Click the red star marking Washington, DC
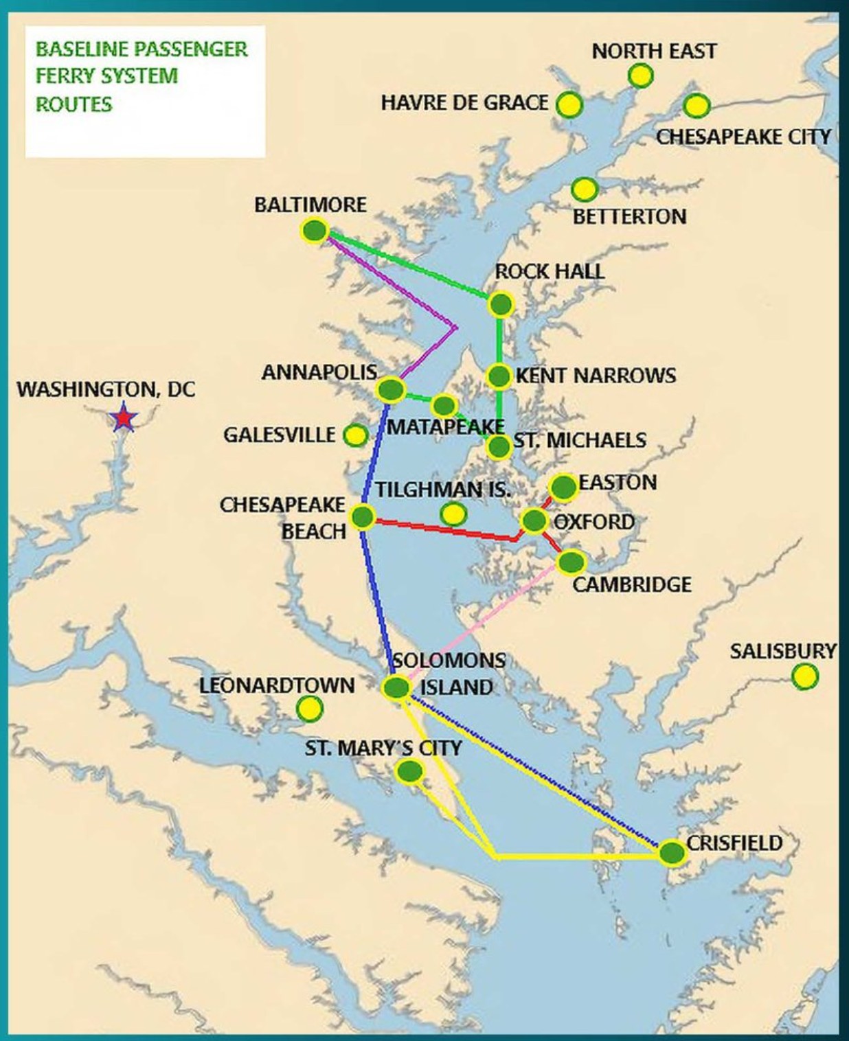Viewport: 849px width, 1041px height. (124, 417)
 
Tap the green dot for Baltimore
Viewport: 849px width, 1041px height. (315, 231)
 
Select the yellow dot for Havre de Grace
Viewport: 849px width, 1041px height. (569, 105)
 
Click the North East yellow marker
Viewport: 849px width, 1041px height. (640, 76)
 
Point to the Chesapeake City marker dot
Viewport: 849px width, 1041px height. (696, 106)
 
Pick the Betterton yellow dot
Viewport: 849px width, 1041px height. (584, 189)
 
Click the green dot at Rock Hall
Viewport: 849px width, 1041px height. (501, 304)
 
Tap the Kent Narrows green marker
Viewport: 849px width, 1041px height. (499, 376)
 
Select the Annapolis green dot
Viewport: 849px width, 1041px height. (391, 390)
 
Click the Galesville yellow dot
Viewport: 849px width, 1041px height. (355, 435)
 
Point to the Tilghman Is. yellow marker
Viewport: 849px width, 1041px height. (453, 513)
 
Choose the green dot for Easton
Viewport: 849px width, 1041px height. (563, 487)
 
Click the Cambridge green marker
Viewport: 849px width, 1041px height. (571, 562)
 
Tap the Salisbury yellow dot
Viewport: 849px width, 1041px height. (804, 676)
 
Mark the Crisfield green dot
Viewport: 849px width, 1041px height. (672, 853)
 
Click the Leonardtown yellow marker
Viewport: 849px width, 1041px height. (309, 709)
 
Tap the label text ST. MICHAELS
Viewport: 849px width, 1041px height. (580, 440)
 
